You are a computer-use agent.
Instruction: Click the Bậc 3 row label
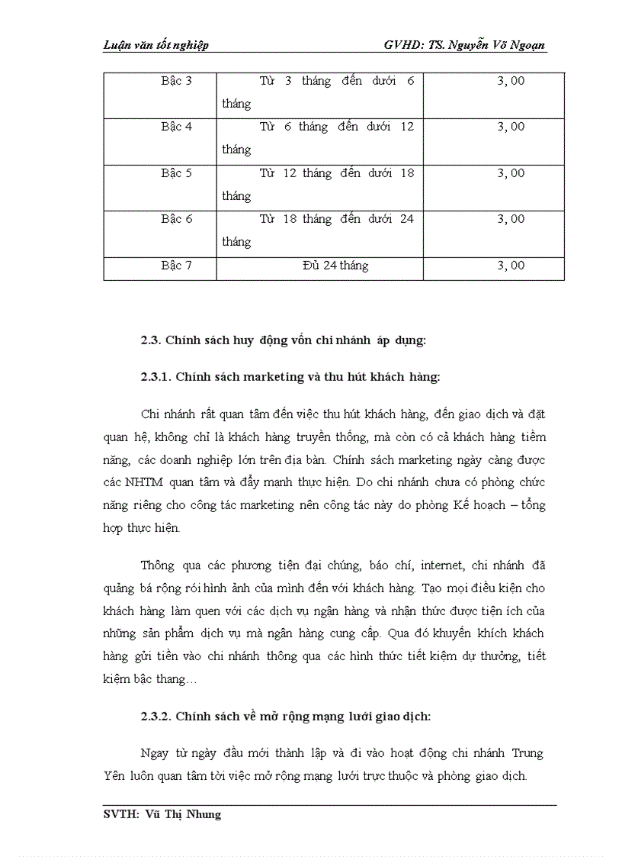tap(176, 81)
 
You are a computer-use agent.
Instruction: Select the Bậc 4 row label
tap(176, 127)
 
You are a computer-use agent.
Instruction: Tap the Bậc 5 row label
tap(176, 173)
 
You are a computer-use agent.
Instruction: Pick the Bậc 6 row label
tap(176, 219)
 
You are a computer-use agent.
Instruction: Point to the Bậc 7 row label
tap(176, 266)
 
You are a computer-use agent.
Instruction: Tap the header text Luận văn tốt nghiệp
tap(155, 46)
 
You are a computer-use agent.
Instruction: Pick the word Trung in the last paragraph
tap(527, 753)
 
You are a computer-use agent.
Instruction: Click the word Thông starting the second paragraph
tap(158, 565)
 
